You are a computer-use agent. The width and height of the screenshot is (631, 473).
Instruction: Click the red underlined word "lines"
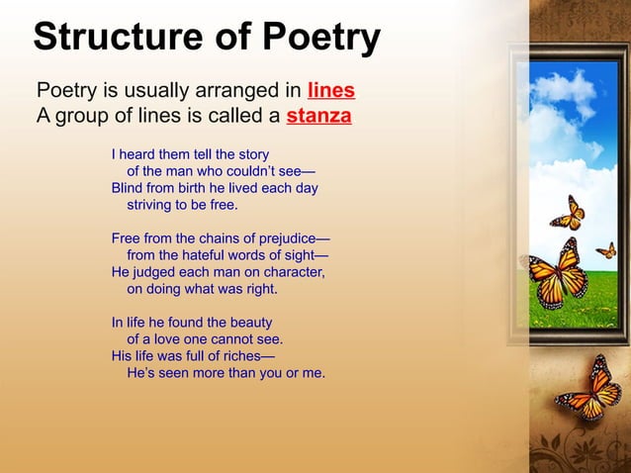point(331,91)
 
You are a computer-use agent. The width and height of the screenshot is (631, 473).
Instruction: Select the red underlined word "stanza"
point(318,117)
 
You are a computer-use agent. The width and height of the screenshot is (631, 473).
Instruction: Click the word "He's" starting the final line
point(142,373)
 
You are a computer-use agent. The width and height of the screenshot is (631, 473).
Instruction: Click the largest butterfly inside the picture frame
point(559,274)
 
